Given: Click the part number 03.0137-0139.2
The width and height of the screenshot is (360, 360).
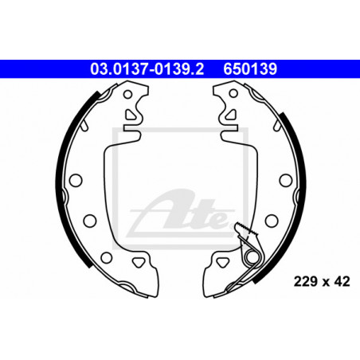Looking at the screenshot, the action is pyautogui.click(x=147, y=69).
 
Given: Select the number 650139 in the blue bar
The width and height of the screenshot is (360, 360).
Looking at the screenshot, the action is pyautogui.click(x=250, y=69).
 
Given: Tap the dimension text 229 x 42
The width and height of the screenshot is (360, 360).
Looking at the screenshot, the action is pyautogui.click(x=322, y=281).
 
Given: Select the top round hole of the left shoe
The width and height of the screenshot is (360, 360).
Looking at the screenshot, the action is pyautogui.click(x=127, y=94).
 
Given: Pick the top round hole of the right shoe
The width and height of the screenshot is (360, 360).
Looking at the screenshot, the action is pyautogui.click(x=233, y=93).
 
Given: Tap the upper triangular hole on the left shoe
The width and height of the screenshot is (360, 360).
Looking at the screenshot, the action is pyautogui.click(x=131, y=115).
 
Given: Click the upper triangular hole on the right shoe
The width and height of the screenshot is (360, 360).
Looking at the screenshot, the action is pyautogui.click(x=231, y=115).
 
